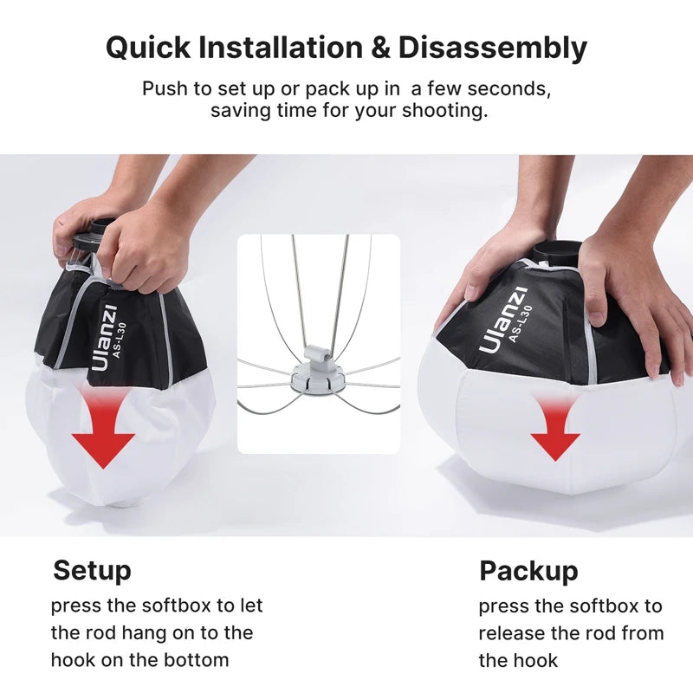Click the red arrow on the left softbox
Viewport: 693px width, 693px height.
tap(103, 430)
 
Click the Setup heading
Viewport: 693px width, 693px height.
tap(92, 571)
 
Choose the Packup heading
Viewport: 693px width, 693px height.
tap(528, 571)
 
